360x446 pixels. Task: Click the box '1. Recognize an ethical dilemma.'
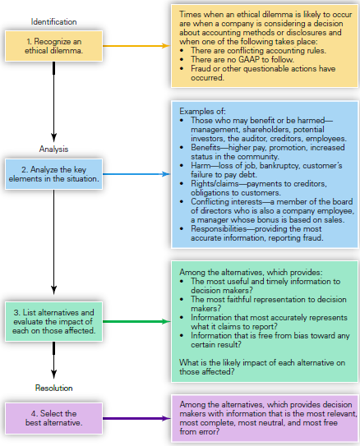(53, 46)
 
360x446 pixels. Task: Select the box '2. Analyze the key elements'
(53, 174)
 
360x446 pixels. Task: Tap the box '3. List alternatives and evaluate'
(53, 321)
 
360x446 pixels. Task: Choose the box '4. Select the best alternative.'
(53, 418)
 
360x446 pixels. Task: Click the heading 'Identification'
(53, 21)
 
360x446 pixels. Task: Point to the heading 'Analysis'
(53, 149)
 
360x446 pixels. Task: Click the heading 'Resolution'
(53, 388)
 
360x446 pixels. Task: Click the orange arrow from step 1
(136, 45)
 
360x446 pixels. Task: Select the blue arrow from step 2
(136, 174)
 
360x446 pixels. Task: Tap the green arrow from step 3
(136, 321)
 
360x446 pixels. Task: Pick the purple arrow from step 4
(136, 418)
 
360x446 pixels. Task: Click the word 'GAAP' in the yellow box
(249, 59)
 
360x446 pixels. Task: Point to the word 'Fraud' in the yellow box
(201, 68)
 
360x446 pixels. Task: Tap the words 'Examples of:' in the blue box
(202, 111)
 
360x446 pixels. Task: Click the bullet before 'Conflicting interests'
(182, 202)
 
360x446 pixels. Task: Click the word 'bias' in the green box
(301, 336)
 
